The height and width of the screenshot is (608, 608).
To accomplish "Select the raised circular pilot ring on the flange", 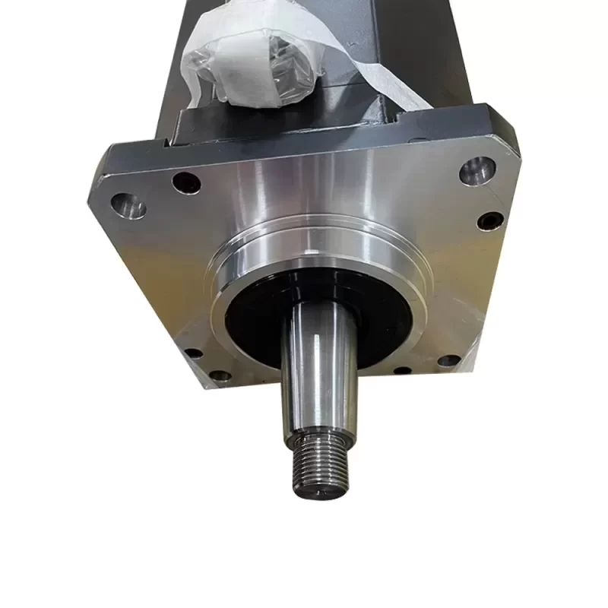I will coord(228,258).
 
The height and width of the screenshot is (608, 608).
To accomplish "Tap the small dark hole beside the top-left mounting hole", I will coord(185,182).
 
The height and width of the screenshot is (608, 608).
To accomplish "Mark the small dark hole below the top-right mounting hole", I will coord(491,221).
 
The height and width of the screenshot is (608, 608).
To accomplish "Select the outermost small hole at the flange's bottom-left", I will coord(193,353).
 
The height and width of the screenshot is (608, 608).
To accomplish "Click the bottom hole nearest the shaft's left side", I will coord(220,375).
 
